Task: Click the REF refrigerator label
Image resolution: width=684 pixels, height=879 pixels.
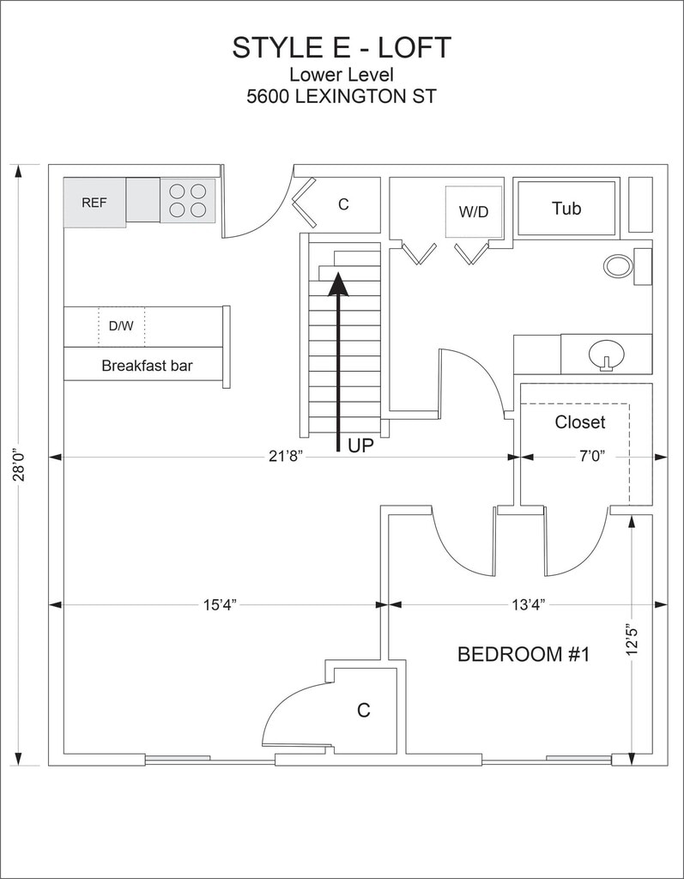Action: [94, 203]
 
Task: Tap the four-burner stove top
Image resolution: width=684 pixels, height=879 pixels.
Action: [188, 201]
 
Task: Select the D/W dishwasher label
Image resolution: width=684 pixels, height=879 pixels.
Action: [120, 327]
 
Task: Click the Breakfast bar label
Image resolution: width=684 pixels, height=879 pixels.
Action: [147, 366]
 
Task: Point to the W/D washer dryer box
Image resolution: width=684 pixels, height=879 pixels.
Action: [473, 211]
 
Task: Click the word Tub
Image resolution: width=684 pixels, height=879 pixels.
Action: [566, 208]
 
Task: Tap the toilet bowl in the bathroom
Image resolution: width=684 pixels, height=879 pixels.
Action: [618, 265]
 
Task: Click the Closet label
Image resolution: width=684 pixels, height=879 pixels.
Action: [579, 422]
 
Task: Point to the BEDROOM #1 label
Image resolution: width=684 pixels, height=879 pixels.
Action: [524, 655]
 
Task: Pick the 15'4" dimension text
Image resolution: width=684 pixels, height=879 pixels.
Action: [220, 604]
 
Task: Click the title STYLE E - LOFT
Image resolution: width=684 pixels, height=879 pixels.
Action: [341, 48]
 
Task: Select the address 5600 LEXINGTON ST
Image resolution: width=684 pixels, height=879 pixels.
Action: [341, 97]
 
